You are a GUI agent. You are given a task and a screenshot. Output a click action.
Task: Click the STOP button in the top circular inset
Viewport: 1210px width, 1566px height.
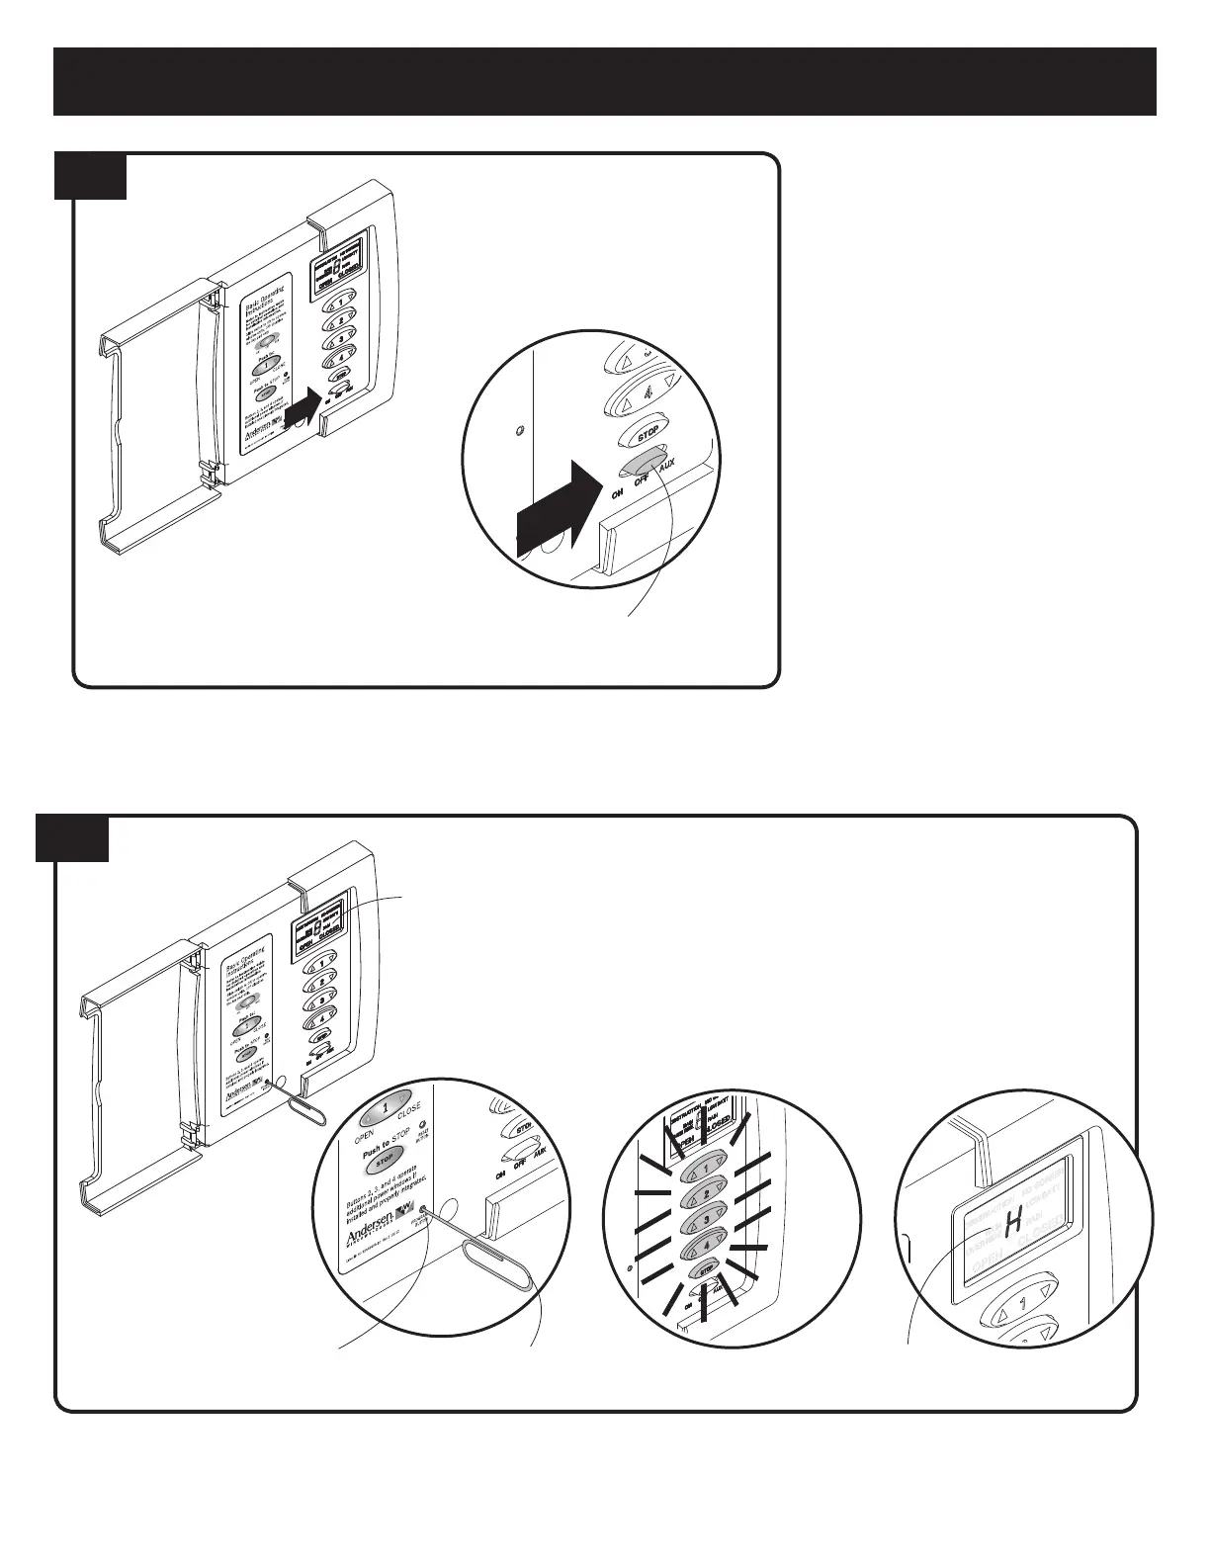pyautogui.click(x=647, y=435)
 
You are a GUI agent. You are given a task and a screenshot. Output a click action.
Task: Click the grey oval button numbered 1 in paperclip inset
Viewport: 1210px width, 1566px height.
pyautogui.click(x=385, y=1110)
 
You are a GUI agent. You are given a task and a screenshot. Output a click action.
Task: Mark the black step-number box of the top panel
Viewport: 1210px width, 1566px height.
pyautogui.click(x=90, y=175)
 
